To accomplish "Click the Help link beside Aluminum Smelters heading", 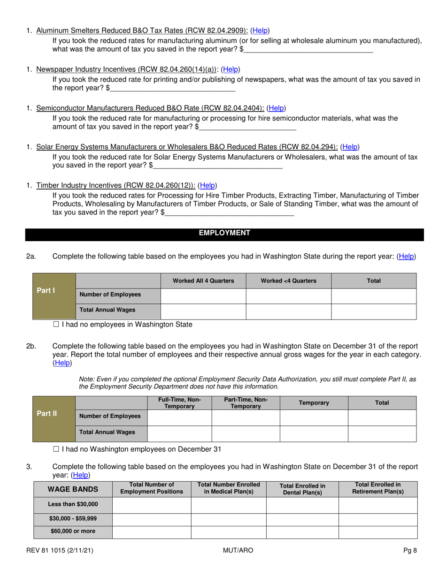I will pyautogui.click(x=260, y=30).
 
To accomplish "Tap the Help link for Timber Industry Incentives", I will pyautogui.click(x=208, y=185).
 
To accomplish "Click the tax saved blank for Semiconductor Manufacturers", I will pyautogui.click(x=248, y=127).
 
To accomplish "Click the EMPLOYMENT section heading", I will pyautogui.click(x=224, y=233).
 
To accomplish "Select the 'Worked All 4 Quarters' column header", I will pyautogui.click(x=203, y=281).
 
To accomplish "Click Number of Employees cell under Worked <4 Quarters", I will pyautogui.click(x=288, y=296).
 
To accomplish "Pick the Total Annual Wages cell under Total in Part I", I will pyautogui.click(x=374, y=311).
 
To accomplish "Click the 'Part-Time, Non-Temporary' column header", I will pyautogui.click(x=246, y=403).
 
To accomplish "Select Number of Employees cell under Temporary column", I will pyautogui.click(x=314, y=418).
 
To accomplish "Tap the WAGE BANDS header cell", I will pyautogui.click(x=73, y=489).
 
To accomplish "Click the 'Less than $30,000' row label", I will pyautogui.click(x=73, y=505).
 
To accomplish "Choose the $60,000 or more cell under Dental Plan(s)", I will pyautogui.click(x=302, y=532).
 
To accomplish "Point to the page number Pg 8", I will pyautogui.click(x=410, y=550).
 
